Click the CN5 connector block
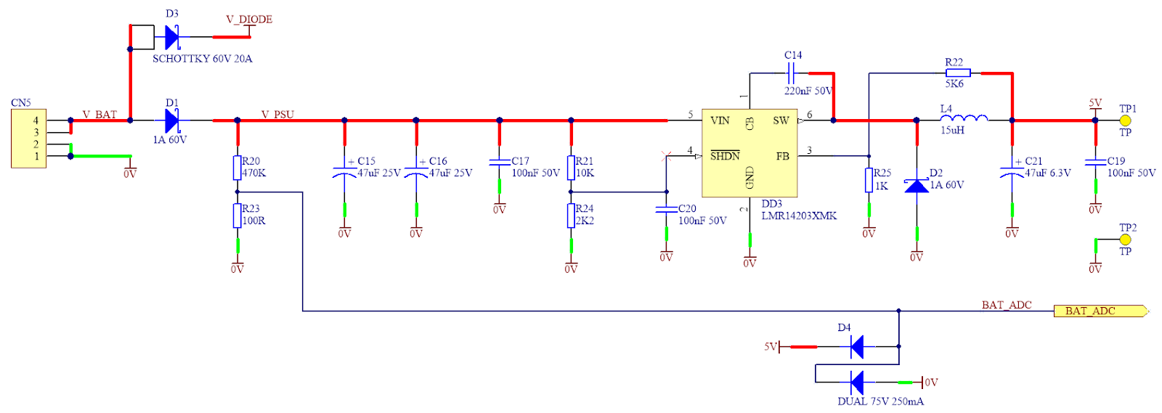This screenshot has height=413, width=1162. [29, 138]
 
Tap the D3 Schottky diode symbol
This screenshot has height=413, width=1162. [172, 36]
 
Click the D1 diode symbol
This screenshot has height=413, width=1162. [172, 120]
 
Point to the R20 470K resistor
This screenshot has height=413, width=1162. [237, 168]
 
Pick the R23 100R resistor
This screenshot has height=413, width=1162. [237, 216]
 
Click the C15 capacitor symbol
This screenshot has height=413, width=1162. [344, 173]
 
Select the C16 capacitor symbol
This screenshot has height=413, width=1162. [416, 173]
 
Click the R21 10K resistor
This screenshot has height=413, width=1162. [571, 168]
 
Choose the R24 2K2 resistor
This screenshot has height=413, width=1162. [571, 216]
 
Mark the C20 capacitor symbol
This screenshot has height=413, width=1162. [666, 210]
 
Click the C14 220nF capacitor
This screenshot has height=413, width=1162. [792, 73]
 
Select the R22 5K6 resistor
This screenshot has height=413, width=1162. [958, 73]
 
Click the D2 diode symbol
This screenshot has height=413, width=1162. [917, 186]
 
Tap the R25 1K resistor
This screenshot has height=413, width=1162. [869, 180]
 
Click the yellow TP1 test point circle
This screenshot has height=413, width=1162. [1126, 120]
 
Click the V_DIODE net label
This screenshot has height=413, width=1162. [249, 20]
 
